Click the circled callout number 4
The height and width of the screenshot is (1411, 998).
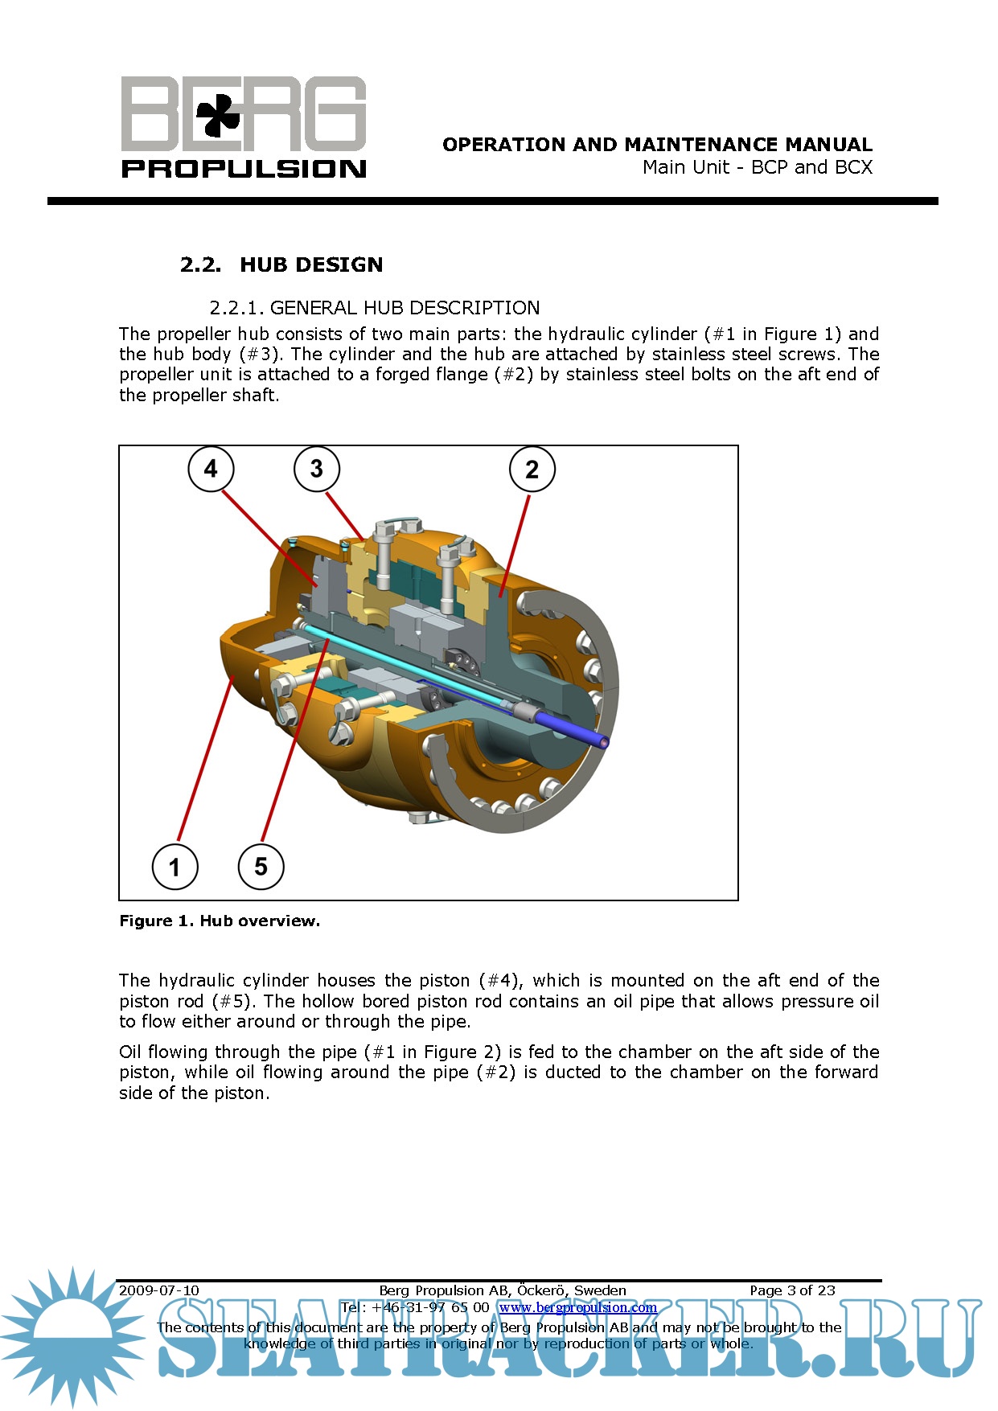[x=211, y=469]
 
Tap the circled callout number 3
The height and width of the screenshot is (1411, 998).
[x=316, y=469]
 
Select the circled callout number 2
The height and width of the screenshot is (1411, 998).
[x=532, y=470]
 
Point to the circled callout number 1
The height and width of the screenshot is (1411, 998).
[x=175, y=867]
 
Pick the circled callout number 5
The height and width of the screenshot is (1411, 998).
[x=261, y=866]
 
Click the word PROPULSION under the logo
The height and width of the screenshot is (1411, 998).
[x=244, y=169]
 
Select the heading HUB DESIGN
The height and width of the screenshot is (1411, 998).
[x=310, y=265]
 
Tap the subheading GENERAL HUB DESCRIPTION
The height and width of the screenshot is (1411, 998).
[x=405, y=308]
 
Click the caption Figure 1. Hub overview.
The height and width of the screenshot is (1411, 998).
[x=220, y=921]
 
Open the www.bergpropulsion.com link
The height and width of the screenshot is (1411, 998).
[x=577, y=1307]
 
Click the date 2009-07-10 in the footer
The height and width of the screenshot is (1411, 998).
[x=159, y=1290]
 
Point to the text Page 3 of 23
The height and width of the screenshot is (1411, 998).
[x=792, y=1290]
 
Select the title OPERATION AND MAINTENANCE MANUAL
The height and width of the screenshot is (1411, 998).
[x=657, y=145]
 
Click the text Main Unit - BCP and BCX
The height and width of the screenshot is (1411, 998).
[x=757, y=167]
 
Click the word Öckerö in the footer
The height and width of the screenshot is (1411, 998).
[x=540, y=1290]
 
